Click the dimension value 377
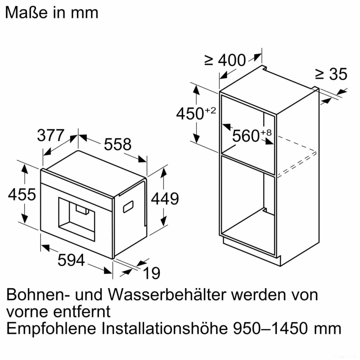coord(51,135)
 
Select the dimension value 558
coord(118,144)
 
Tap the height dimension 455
coord(22,194)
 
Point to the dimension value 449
coord(165,199)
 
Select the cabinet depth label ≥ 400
coord(225,60)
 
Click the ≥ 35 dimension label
coord(331,75)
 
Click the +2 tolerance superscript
coord(210,110)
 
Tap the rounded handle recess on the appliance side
coord(128,206)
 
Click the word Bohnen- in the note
coord(37,295)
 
